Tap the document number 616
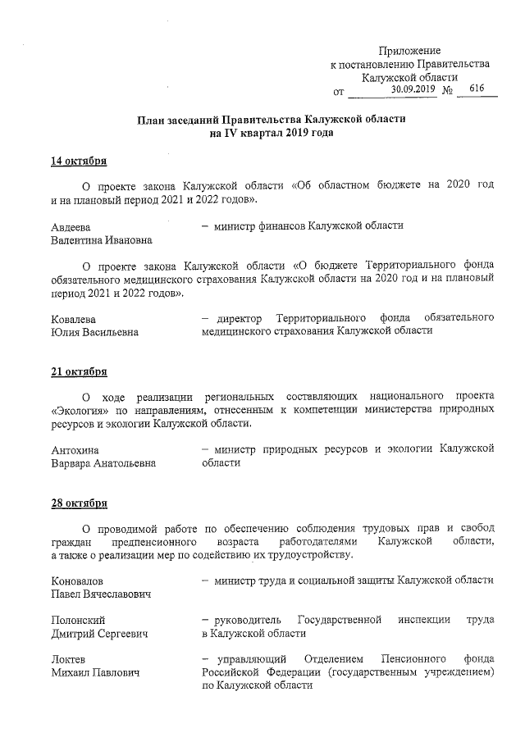(x=477, y=89)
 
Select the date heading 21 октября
(x=80, y=371)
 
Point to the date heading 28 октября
(x=80, y=503)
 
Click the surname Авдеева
(x=71, y=225)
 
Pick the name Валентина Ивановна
(x=101, y=239)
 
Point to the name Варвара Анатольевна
(x=103, y=463)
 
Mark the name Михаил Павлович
(x=94, y=673)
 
